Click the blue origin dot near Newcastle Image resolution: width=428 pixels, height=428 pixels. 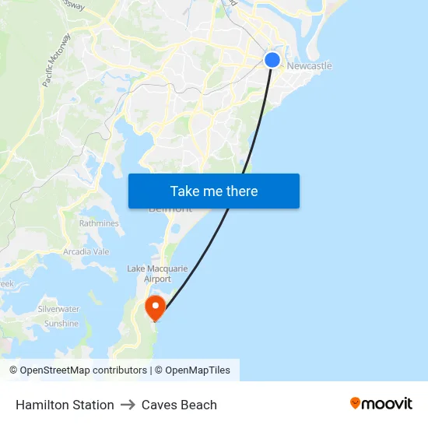pos(272,60)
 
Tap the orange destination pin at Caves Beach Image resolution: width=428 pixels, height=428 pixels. pos(156,307)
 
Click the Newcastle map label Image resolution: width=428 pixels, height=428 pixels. pos(309,66)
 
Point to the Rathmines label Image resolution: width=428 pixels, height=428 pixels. pos(99,223)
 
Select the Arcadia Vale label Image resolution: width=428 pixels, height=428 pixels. pos(86,252)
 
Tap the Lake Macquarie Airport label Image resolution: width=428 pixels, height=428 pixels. pos(157,273)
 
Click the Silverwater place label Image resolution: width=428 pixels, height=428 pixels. pos(59,309)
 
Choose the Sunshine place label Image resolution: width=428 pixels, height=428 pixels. pos(61,324)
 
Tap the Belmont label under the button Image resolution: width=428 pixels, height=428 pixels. pos(170,209)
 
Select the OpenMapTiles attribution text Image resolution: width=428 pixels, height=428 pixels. pos(197,370)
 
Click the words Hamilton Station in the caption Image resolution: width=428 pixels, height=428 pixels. pos(65,405)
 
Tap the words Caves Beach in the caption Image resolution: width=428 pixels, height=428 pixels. pos(179,405)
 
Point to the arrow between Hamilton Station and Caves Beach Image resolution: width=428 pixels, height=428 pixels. pos(128,405)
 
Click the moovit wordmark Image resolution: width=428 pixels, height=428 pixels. pos(388,403)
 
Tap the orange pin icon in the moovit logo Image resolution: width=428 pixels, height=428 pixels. pos(356,403)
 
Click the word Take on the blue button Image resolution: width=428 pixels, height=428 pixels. pos(185,191)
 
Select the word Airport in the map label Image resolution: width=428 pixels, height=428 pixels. pos(158,279)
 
